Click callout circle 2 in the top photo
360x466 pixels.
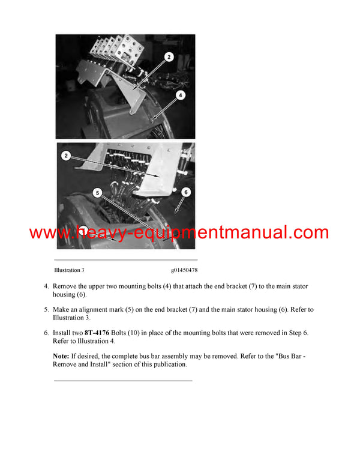[x=169, y=57]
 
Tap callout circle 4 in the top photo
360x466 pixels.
[x=181, y=95]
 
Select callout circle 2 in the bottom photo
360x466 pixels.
[x=67, y=156]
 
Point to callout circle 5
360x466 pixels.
[x=98, y=193]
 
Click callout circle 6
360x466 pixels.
[x=185, y=192]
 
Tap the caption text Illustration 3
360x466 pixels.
[x=73, y=271]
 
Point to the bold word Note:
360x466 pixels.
[x=61, y=356]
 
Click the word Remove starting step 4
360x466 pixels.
[x=66, y=286]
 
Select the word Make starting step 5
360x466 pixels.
[x=62, y=310]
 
